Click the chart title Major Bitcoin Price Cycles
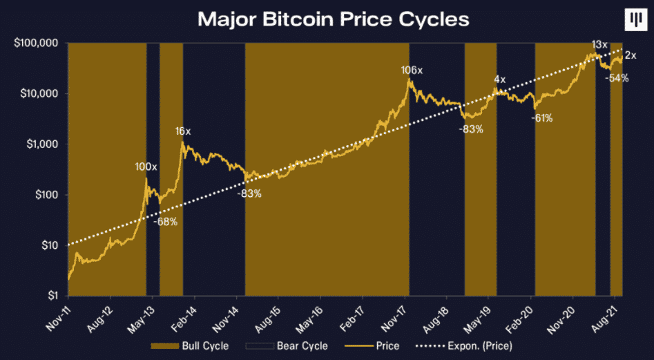pos(334,19)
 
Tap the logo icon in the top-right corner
pos(633,20)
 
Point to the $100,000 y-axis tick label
pos(34,43)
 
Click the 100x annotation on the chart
pos(146,167)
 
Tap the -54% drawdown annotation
pos(616,78)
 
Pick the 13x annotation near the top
pos(599,45)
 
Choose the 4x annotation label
pos(499,79)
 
